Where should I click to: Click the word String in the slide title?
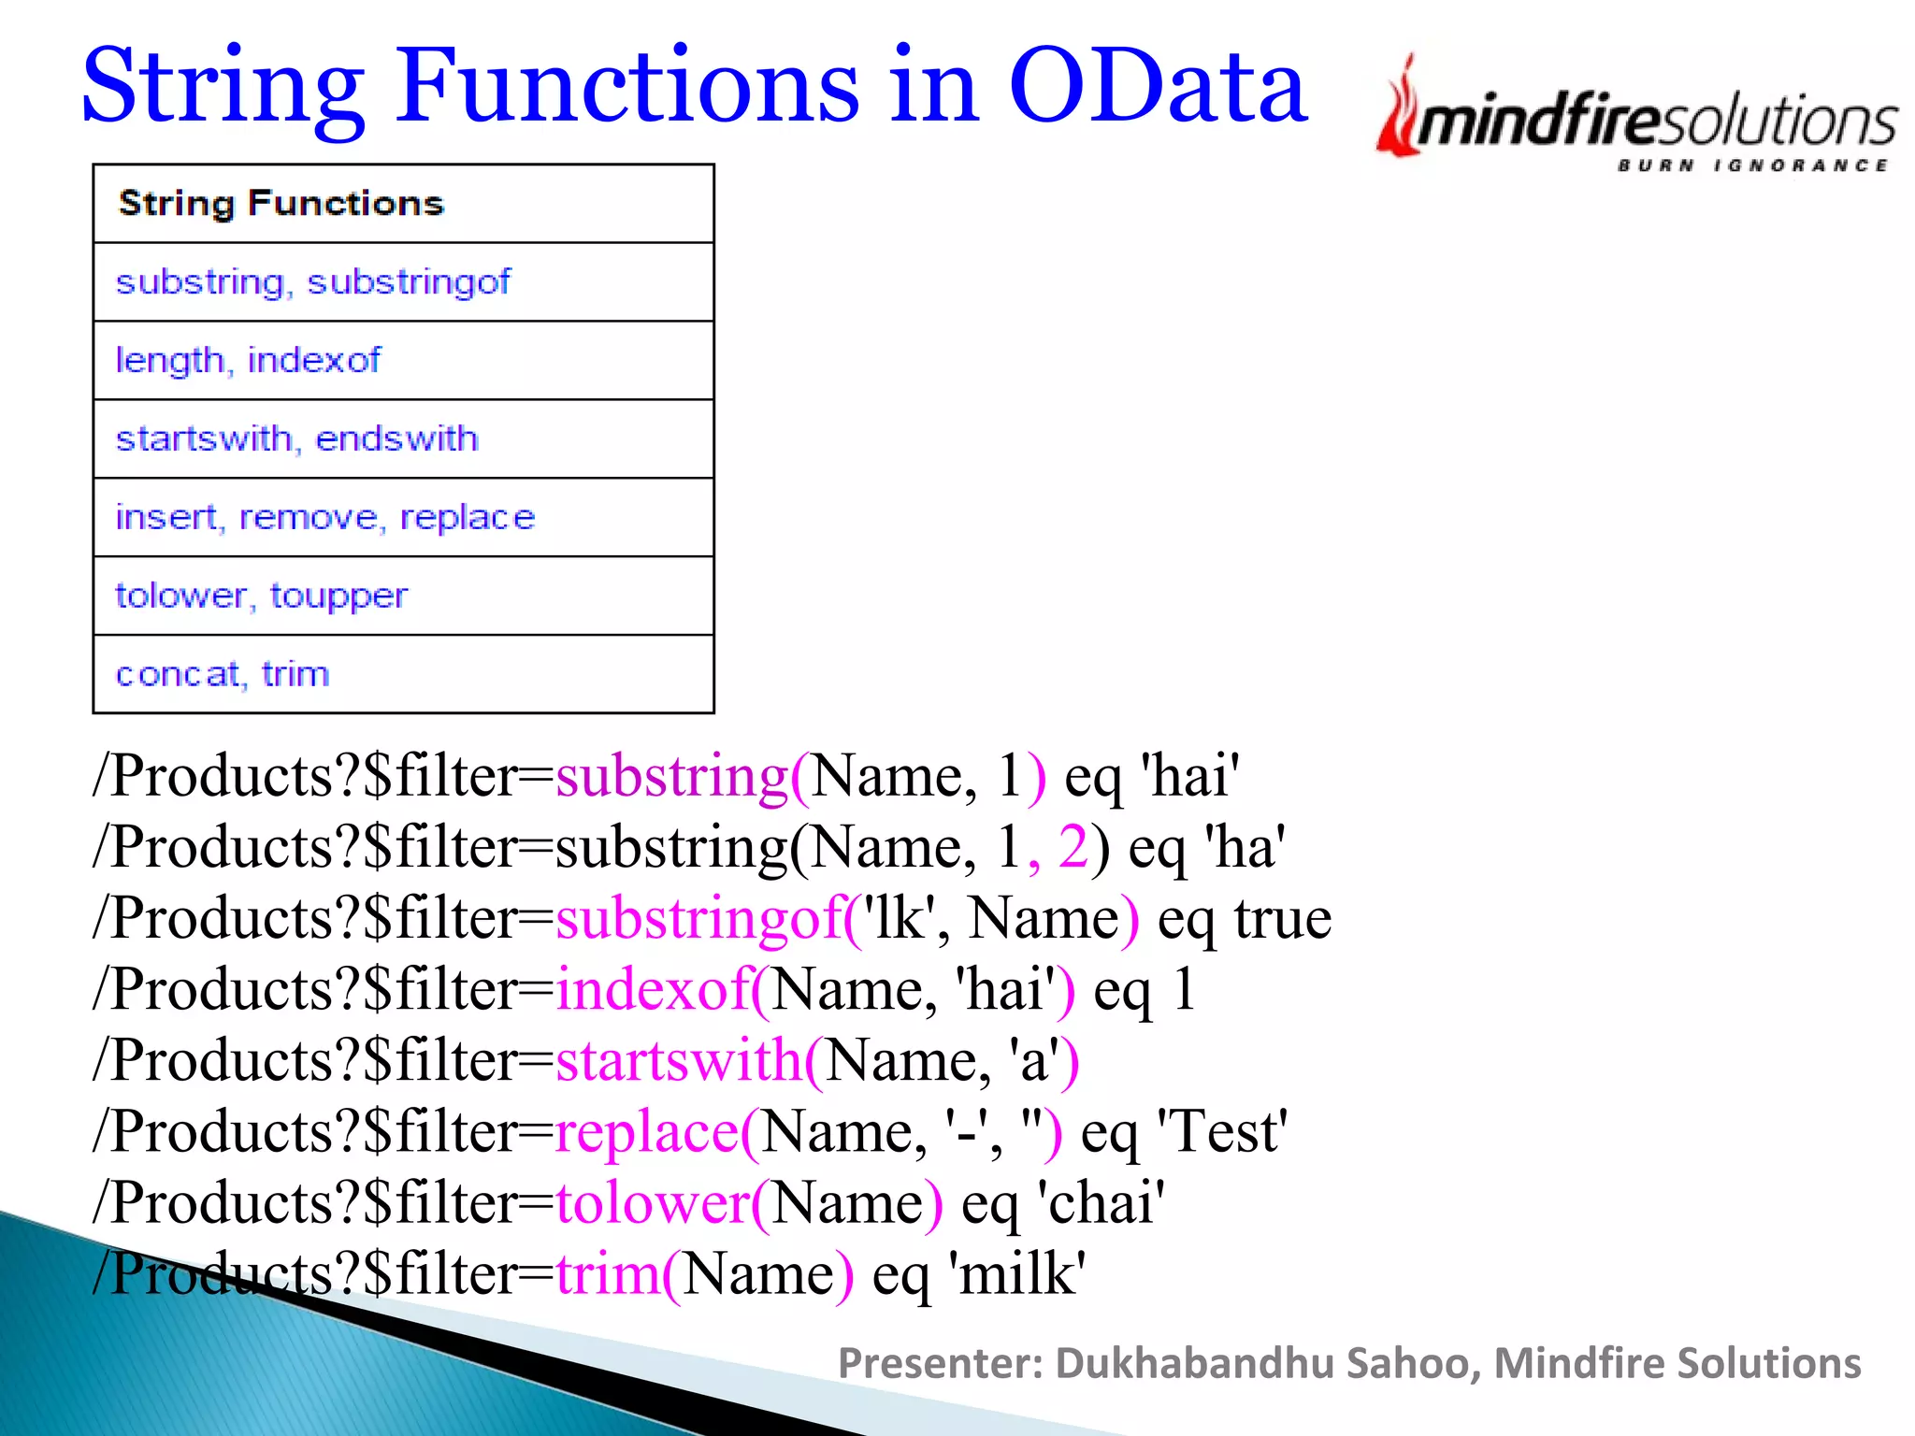click(223, 89)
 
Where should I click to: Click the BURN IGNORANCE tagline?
click(1752, 165)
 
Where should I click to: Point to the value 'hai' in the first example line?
click(1189, 776)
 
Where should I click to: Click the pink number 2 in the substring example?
click(1073, 847)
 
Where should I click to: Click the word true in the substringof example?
click(1282, 919)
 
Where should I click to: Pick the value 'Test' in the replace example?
click(1222, 1132)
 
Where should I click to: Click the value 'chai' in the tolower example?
click(1101, 1203)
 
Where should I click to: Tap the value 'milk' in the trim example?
click(1016, 1274)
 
